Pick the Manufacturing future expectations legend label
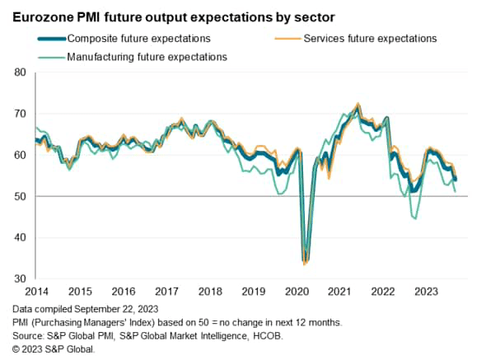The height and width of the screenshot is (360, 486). click(x=146, y=57)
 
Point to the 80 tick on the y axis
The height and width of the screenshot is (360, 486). click(x=21, y=72)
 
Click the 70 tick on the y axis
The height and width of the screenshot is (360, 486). click(x=21, y=114)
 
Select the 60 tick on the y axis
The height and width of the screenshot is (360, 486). click(x=21, y=155)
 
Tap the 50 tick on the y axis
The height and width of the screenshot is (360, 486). click(x=21, y=196)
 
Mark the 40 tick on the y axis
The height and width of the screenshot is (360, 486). click(x=21, y=237)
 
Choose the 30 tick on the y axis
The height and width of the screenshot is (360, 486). click(x=21, y=278)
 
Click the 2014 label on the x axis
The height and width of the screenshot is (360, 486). click(x=35, y=291)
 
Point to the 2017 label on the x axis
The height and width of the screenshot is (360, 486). click(x=166, y=291)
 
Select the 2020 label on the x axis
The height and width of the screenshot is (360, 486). click(x=297, y=291)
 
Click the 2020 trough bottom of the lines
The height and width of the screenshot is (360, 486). click(x=306, y=262)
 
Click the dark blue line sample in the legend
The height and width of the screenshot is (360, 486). click(x=52, y=38)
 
